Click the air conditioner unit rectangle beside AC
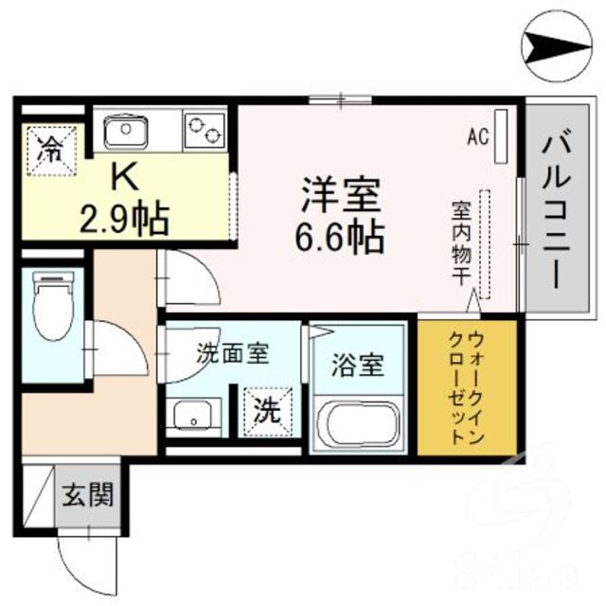coord(501,135)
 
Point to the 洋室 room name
coord(341,197)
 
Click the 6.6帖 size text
coord(342,237)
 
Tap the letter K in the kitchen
coord(124,176)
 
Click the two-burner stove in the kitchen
coord(205,127)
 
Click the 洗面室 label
coord(232,354)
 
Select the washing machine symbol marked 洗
coord(269,411)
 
